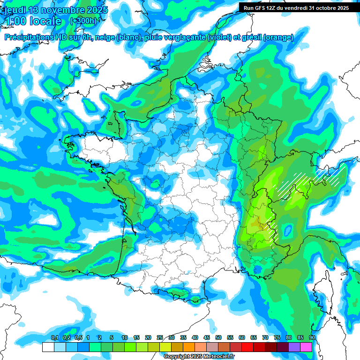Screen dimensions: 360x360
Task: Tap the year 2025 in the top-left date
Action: pyautogui.click(x=96, y=10)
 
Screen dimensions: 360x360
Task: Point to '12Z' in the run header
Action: pyautogui.click(x=273, y=8)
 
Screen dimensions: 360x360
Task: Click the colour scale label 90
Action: pyautogui.click(x=312, y=337)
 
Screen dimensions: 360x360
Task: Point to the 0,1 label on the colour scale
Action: pyautogui.click(x=54, y=337)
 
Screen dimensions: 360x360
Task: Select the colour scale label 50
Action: pyautogui.click(x=218, y=337)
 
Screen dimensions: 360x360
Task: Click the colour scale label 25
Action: pyautogui.click(x=160, y=337)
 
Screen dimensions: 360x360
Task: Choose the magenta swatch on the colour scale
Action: pyautogui.click(x=306, y=347)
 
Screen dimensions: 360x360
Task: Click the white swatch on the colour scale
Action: pyautogui.click(x=48, y=347)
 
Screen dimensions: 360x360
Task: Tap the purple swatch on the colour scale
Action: pyautogui.click(x=294, y=347)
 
